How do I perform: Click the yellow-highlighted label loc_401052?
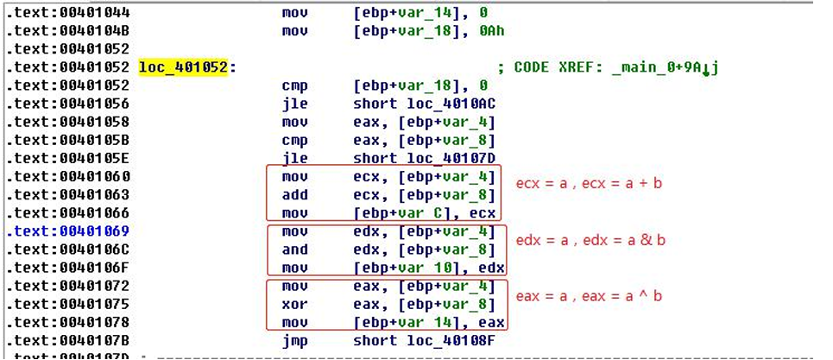(183, 67)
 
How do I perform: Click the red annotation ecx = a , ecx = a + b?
(590, 183)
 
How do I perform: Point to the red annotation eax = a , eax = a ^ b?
(590, 295)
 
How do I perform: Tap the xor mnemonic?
(294, 304)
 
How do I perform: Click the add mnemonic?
(294, 195)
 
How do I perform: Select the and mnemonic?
(294, 249)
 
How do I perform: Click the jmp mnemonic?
(294, 340)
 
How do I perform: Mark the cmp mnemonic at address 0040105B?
(294, 141)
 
